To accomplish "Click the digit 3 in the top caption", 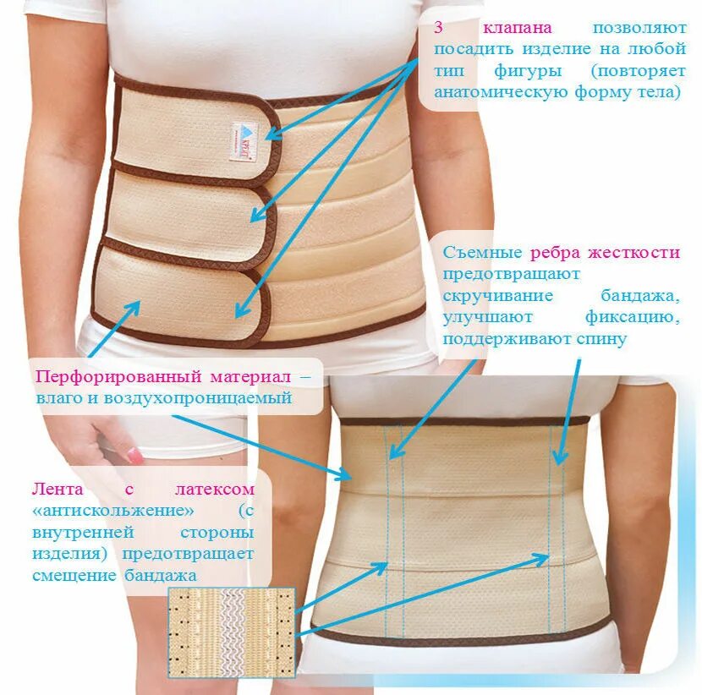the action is pyautogui.click(x=439, y=26).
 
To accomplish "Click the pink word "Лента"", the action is pyautogui.click(x=52, y=490).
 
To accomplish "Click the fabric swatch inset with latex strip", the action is pyautogui.click(x=231, y=632).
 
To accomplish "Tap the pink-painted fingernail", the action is pyautogui.click(x=134, y=455).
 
